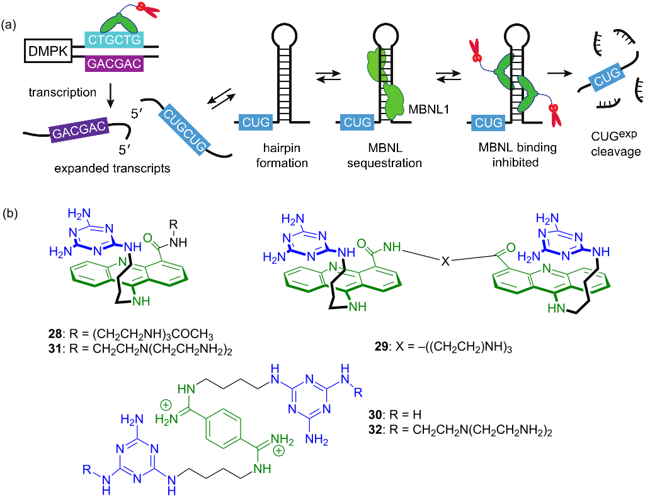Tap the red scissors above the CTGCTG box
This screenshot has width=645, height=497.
pos(149,11)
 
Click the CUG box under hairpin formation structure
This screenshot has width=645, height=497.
pos(254,120)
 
